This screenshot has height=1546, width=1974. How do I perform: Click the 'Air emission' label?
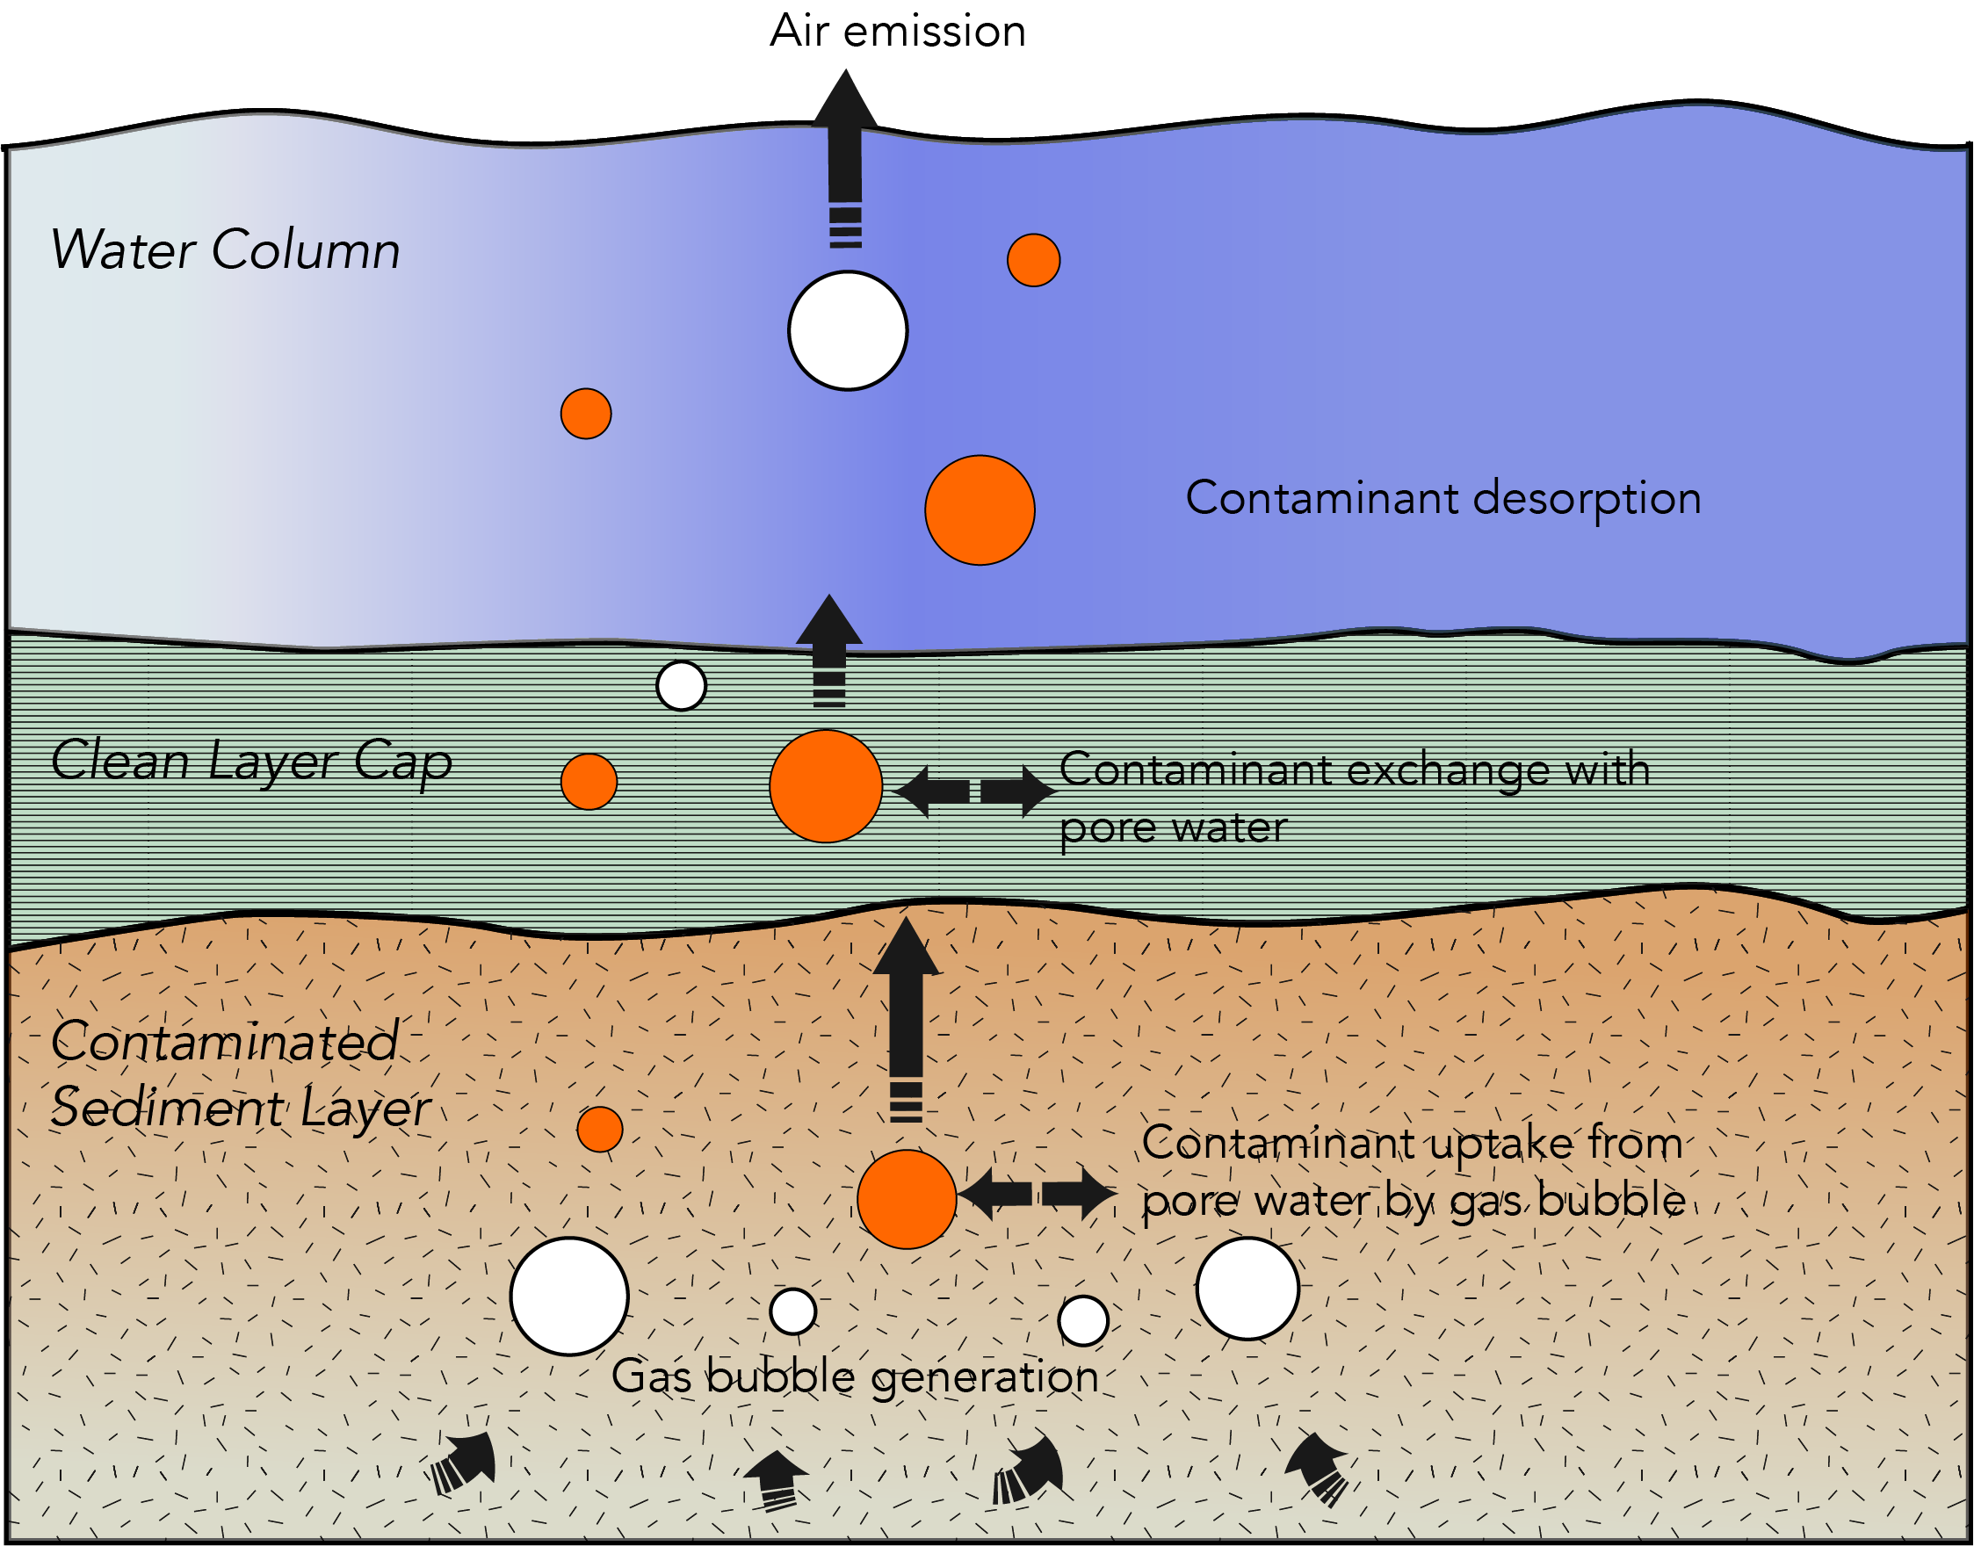898,32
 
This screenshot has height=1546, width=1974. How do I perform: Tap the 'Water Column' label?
225,250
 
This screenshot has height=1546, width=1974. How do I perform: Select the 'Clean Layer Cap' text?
251,762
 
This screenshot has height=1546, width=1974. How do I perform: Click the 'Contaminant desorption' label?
1443,499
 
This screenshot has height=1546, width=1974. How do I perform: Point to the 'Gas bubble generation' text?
855,1377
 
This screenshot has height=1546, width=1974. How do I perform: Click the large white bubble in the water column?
848,331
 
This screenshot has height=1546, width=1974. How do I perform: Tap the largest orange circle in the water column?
980,510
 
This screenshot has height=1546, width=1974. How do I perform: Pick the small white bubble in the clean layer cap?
681,686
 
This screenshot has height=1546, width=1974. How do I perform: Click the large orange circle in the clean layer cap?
826,786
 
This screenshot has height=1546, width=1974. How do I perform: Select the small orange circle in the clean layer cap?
589,781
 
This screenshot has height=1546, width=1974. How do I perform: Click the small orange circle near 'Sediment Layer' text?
600,1129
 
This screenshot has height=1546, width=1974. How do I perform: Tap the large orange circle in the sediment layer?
907,1199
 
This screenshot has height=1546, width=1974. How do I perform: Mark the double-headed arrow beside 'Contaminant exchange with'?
975,792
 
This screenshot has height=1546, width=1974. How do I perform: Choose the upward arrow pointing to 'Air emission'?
845,154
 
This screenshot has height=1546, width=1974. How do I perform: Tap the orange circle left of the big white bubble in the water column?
586,414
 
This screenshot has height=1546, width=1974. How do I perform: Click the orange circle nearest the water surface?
1034,261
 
